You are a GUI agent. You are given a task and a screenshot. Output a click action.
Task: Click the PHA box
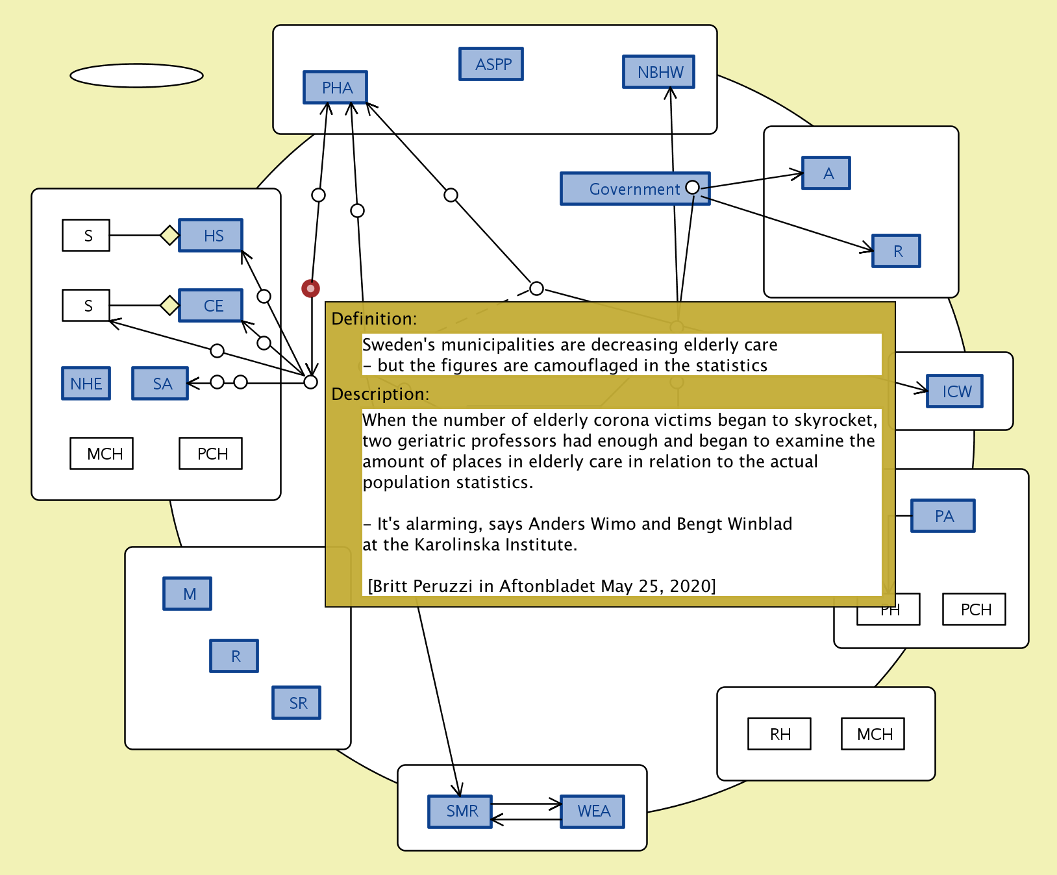pos(335,88)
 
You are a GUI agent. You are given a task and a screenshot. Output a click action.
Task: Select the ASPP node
pos(491,64)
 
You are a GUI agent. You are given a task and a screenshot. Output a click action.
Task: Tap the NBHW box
pos(658,72)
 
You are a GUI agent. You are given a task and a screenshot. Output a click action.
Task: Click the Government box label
pos(634,189)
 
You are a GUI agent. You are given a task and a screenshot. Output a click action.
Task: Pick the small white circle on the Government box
pos(693,187)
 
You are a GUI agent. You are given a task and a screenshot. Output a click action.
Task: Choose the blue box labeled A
pos(826,173)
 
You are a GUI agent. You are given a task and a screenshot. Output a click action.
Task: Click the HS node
pos(211,235)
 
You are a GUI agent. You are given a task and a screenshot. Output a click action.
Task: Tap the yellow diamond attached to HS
pos(169,235)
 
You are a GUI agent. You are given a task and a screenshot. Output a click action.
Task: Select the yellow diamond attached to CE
pos(169,305)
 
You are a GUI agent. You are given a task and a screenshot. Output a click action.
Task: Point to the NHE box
pos(86,384)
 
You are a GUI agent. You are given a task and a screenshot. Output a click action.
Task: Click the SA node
pos(160,384)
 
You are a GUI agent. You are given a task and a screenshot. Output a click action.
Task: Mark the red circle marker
pos(311,288)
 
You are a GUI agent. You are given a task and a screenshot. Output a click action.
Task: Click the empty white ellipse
pos(136,75)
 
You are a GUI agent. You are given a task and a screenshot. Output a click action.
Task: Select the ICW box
pos(954,391)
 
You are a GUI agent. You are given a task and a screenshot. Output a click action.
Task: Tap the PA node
pos(943,516)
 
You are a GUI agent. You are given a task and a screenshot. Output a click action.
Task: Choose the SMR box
pos(460,811)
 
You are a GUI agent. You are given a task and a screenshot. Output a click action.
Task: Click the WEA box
pos(593,811)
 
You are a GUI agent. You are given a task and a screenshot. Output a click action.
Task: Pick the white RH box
pos(779,734)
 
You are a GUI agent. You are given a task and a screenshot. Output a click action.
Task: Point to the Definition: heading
pos(374,319)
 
